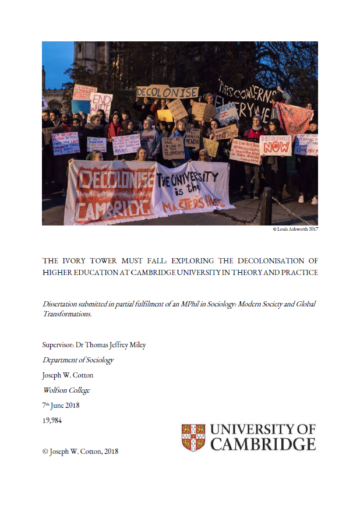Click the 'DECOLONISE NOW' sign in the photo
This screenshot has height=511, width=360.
coord(276,145)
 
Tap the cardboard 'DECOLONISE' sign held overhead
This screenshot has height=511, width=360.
coord(167,92)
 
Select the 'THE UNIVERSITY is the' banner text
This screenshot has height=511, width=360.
coord(187,184)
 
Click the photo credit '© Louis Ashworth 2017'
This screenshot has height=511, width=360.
coord(295,230)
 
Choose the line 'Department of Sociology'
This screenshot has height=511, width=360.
coord(78,360)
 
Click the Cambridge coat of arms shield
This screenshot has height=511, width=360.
coord(193,438)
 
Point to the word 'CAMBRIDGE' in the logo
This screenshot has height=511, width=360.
coord(263,445)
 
